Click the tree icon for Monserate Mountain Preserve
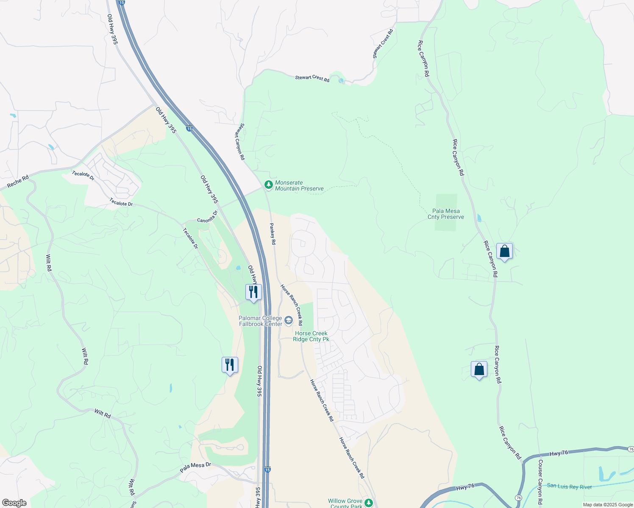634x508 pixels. click(x=268, y=185)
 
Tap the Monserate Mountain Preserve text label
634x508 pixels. click(x=299, y=186)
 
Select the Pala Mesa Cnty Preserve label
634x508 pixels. click(x=446, y=214)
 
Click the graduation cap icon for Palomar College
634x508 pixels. click(x=289, y=320)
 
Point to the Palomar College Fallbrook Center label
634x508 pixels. click(x=260, y=321)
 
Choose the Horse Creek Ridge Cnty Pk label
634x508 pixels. click(x=311, y=336)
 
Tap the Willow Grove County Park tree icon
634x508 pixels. click(x=369, y=502)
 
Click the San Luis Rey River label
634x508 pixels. click(x=569, y=486)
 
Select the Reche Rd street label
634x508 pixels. click(x=18, y=182)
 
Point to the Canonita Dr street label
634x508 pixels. click(x=207, y=217)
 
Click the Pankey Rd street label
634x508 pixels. click(x=273, y=234)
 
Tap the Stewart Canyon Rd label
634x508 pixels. click(x=240, y=141)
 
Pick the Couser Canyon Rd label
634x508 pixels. click(x=540, y=482)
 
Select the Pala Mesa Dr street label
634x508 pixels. click(x=195, y=468)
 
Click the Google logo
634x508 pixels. click(x=14, y=503)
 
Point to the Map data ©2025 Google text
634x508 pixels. click(x=608, y=505)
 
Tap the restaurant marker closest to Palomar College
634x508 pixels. click(x=253, y=293)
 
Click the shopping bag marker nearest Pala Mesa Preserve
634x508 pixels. click(x=504, y=251)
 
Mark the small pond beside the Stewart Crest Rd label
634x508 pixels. click(x=341, y=80)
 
